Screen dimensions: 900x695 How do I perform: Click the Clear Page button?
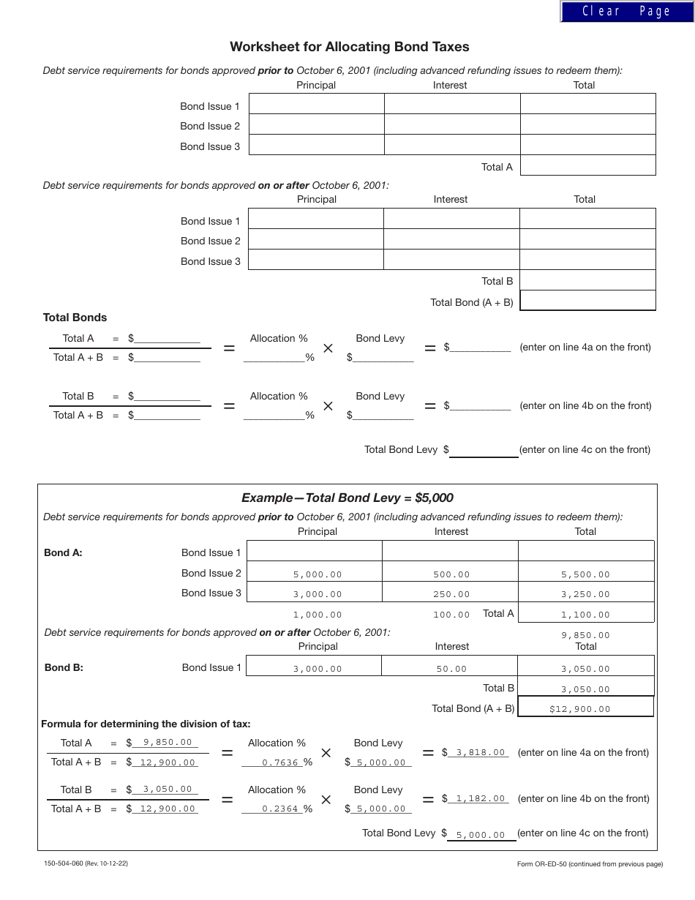click(626, 11)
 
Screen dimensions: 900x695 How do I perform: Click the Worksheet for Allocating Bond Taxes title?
click(349, 47)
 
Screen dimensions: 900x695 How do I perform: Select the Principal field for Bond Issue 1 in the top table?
click(316, 104)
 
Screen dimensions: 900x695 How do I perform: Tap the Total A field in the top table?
click(587, 165)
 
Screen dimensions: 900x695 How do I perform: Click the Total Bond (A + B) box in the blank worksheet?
click(587, 301)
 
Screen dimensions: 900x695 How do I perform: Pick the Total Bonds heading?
click(75, 318)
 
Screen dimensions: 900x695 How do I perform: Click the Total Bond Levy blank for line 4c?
click(484, 450)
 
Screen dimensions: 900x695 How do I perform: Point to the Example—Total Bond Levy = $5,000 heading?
click(347, 498)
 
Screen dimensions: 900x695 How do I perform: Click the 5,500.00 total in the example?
click(585, 574)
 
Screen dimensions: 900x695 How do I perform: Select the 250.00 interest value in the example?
click(451, 594)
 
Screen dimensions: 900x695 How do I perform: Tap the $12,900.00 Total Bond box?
click(580, 708)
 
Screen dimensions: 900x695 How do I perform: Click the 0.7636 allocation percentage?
click(280, 762)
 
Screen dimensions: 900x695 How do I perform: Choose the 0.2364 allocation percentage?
click(280, 809)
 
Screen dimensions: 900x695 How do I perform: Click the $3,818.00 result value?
click(480, 752)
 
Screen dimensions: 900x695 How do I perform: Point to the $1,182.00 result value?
click(480, 798)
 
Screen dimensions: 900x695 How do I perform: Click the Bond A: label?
click(63, 552)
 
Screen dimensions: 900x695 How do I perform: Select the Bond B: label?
click(64, 667)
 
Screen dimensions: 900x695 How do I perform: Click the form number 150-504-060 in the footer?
click(86, 863)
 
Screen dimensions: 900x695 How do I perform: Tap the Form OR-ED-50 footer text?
click(590, 864)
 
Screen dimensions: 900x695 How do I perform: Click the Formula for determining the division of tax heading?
click(146, 724)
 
